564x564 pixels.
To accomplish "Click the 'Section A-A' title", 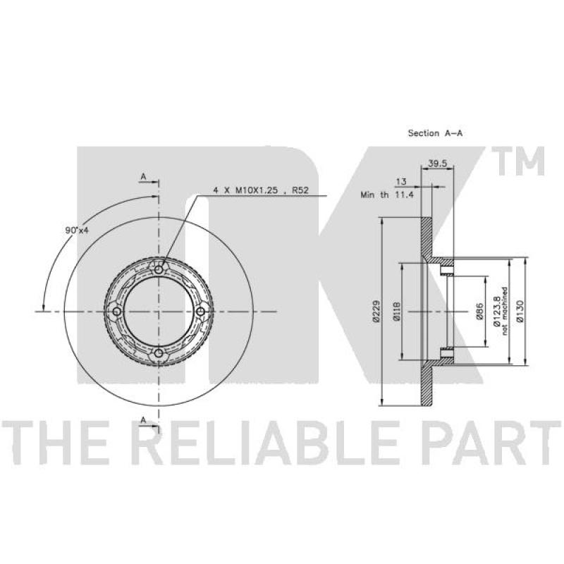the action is (435, 133).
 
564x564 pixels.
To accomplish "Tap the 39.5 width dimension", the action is (437, 164).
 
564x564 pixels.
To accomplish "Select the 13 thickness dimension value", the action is (401, 182).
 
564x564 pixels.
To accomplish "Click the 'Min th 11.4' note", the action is (387, 195).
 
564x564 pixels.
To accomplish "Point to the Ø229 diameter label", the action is (376, 311).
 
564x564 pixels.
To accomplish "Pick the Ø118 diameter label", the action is (396, 312).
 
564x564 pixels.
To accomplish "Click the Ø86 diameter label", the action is (479, 311).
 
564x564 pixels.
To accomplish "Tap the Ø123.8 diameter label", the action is (497, 312).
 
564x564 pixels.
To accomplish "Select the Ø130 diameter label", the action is (520, 311).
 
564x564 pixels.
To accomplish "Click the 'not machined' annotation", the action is (505, 312).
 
